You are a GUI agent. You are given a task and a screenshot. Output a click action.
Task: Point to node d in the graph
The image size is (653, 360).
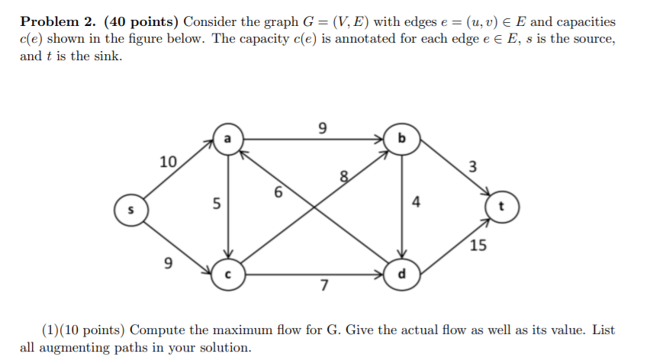point(403,275)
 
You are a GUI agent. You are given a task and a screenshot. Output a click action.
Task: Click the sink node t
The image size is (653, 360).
point(501,207)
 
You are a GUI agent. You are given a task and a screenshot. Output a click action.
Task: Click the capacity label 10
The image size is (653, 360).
point(168,162)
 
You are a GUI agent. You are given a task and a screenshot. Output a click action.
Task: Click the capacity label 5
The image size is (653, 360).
point(217,204)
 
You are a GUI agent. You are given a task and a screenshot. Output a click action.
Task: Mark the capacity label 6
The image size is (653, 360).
point(280,193)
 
